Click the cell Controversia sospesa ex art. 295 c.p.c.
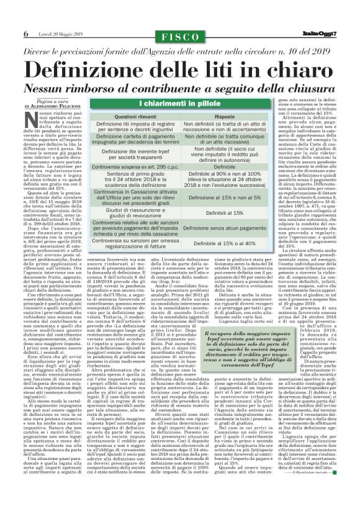135,167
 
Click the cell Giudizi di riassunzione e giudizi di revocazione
135,213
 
